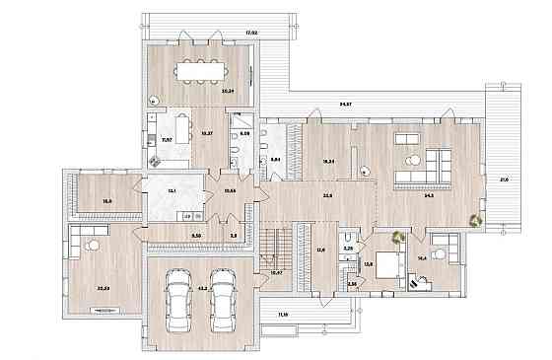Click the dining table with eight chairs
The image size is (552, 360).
[199, 71]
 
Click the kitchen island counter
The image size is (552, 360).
[182, 127]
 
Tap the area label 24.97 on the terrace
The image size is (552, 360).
[346, 103]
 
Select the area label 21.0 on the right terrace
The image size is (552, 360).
[505, 179]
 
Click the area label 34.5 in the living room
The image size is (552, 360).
[428, 195]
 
